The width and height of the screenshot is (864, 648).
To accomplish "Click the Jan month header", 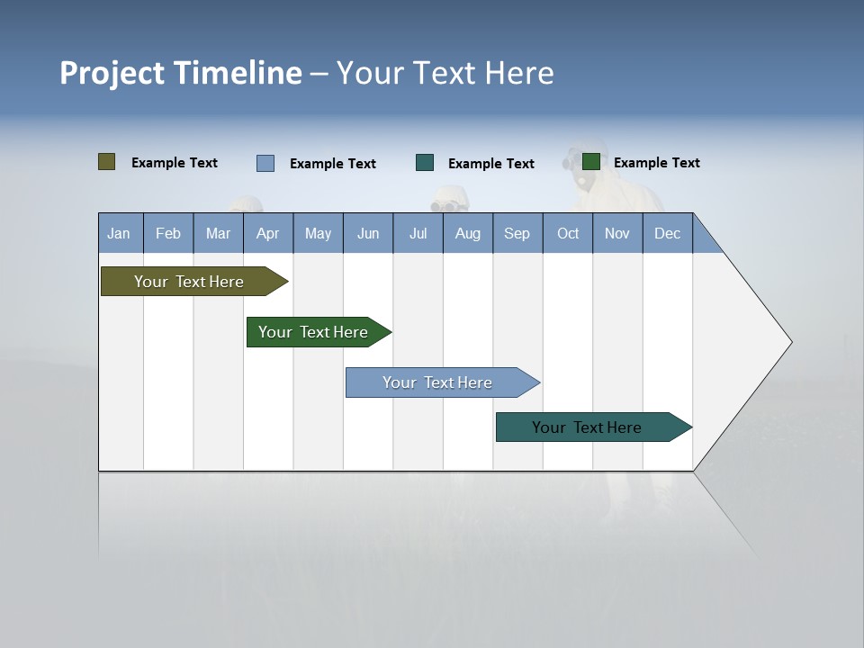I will pos(120,233).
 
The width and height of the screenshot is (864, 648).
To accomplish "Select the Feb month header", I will pos(168,233).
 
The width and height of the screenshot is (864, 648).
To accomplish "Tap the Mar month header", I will pos(218,233).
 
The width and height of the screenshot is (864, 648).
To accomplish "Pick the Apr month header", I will pos(268,233).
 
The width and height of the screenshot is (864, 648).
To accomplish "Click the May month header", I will pos(318,233).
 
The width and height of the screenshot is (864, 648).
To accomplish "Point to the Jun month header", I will pos(368,233).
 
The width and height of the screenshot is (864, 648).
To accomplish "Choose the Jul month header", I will pos(418,233).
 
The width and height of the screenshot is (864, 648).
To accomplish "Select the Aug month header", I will pos(468,233).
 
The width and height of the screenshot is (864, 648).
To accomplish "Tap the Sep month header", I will pos(517,233).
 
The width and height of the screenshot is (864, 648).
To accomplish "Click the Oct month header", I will pos(568,233).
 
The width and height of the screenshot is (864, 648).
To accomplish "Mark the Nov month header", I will pos(617,233).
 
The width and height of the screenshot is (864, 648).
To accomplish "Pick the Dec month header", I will pos(668,233).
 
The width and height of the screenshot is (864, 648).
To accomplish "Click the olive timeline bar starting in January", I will pos(189,282).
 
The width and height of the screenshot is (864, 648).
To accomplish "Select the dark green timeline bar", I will pos(313,332).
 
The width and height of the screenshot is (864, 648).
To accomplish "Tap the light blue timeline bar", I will pos(437,382).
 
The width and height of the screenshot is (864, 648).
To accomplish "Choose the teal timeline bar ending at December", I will pos(587,427).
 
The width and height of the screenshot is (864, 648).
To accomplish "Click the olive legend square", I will pos(107,162).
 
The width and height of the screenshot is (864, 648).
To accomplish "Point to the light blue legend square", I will pos(265,163).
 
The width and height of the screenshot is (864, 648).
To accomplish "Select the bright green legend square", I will pos(591,162).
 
